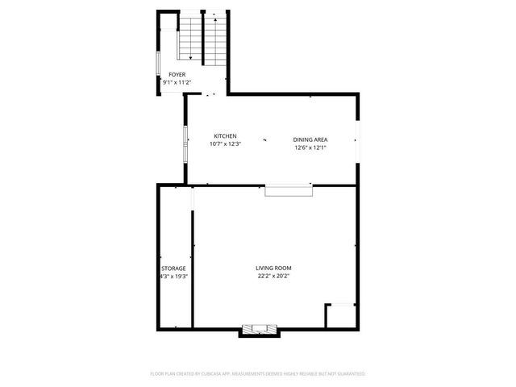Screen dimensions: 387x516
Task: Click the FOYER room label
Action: [x=177, y=74]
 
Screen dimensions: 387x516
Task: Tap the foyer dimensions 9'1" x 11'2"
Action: [x=177, y=82]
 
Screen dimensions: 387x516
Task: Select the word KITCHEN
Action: [x=225, y=135]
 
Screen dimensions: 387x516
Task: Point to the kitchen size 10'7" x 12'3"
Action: [x=225, y=144]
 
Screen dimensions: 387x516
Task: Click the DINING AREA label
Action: [x=309, y=139]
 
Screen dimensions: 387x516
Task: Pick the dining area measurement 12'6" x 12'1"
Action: [x=309, y=148]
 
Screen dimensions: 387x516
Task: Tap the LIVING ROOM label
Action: [x=273, y=268]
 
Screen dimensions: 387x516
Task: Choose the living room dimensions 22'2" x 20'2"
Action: [x=273, y=277]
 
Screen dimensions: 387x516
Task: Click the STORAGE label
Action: [x=173, y=268]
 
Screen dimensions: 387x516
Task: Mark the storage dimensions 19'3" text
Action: [x=179, y=277]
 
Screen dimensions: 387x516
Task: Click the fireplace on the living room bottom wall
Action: [x=260, y=329]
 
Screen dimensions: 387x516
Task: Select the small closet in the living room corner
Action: [x=339, y=316]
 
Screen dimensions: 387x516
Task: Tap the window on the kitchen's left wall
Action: [x=185, y=144]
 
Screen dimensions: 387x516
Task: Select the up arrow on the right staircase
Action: [x=214, y=16]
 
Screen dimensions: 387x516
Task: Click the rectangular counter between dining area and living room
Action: [x=289, y=190]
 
